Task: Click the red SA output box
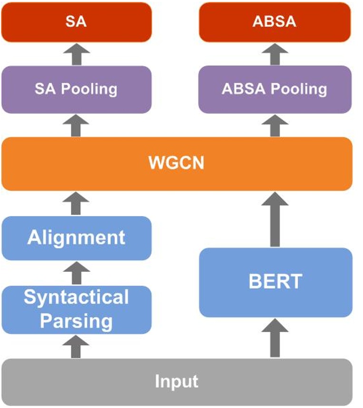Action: pyautogui.click(x=76, y=22)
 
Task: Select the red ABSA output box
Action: pyautogui.click(x=275, y=22)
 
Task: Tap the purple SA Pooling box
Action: pyautogui.click(x=76, y=89)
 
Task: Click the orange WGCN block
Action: pyautogui.click(x=177, y=163)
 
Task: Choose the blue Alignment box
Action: pyautogui.click(x=76, y=238)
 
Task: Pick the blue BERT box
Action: pyautogui.click(x=275, y=282)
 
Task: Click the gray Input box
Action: pyautogui.click(x=177, y=382)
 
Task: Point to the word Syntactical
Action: pyautogui.click(x=76, y=298)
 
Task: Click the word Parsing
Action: pyautogui.click(x=76, y=320)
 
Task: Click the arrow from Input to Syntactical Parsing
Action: pyautogui.click(x=76, y=346)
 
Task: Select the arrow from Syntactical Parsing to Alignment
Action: pyautogui.click(x=76, y=273)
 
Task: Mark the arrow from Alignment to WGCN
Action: pyautogui.click(x=76, y=203)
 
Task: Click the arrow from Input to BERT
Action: pyautogui.click(x=275, y=338)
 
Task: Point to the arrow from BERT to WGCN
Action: pyautogui.click(x=275, y=219)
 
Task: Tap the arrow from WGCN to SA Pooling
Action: pyautogui.click(x=76, y=126)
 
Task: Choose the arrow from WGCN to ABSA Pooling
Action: pyautogui.click(x=275, y=126)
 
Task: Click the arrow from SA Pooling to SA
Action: pyautogui.click(x=76, y=54)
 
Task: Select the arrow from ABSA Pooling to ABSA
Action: pyautogui.click(x=275, y=54)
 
